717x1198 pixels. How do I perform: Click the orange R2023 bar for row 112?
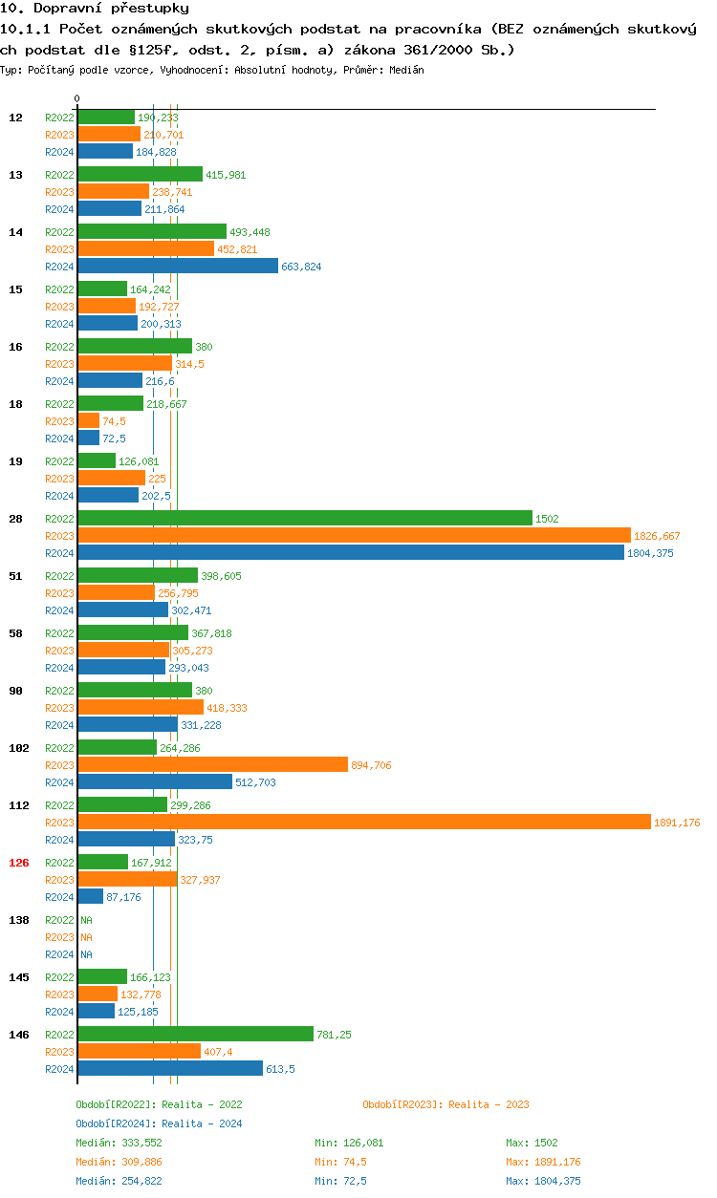(x=363, y=822)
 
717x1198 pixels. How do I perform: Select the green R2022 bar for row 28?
(x=304, y=518)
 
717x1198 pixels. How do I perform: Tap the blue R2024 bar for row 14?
(x=177, y=266)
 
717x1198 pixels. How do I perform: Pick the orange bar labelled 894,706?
(x=212, y=764)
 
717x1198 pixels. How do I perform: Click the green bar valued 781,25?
(x=195, y=1034)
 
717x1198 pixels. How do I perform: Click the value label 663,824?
(x=301, y=267)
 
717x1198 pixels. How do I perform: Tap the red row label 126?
(x=19, y=863)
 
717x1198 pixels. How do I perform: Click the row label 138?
(x=19, y=920)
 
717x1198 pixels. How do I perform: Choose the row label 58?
(x=16, y=633)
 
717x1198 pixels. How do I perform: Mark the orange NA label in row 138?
(x=86, y=937)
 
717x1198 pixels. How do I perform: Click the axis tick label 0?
(x=77, y=98)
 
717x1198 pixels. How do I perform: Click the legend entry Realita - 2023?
(x=445, y=1104)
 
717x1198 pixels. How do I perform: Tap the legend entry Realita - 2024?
(x=159, y=1123)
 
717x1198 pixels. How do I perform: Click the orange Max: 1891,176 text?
(x=543, y=1162)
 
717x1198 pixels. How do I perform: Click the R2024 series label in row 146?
(x=59, y=1069)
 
